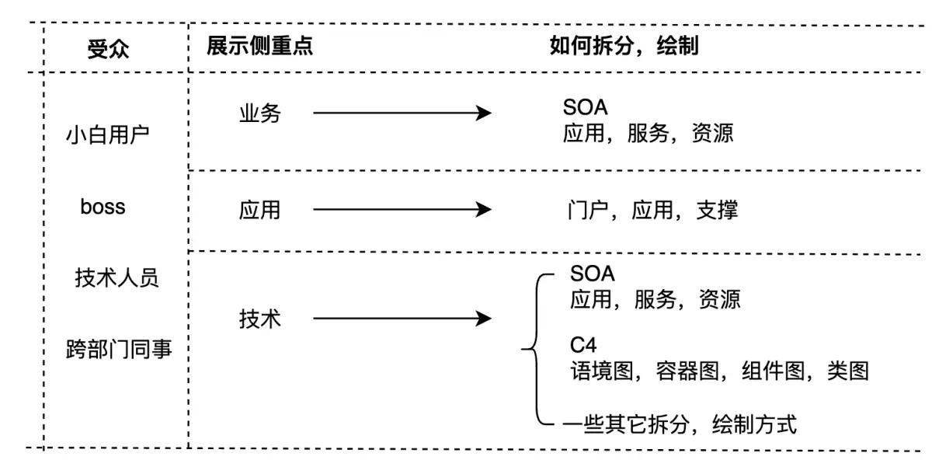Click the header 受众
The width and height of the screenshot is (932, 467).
click(109, 50)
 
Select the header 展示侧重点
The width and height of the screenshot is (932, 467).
click(259, 46)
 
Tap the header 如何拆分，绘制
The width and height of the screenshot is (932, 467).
click(624, 46)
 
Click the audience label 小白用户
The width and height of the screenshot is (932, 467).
click(108, 134)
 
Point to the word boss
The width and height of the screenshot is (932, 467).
click(103, 207)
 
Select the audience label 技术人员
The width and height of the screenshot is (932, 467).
click(117, 277)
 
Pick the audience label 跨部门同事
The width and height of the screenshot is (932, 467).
click(119, 350)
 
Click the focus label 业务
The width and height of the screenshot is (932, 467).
click(260, 113)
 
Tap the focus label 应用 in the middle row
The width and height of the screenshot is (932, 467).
click(260, 210)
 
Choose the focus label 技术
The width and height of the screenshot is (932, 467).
click(260, 319)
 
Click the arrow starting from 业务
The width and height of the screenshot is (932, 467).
click(402, 113)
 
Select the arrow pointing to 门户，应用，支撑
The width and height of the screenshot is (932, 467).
click(402, 210)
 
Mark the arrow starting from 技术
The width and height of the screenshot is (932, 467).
click(402, 319)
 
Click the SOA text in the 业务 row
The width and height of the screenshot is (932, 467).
click(586, 106)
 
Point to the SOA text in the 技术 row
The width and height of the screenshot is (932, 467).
click(592, 273)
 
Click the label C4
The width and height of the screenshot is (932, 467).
click(583, 344)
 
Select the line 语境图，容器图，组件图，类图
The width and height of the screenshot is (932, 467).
click(718, 371)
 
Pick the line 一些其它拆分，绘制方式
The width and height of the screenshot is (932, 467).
click(680, 424)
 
